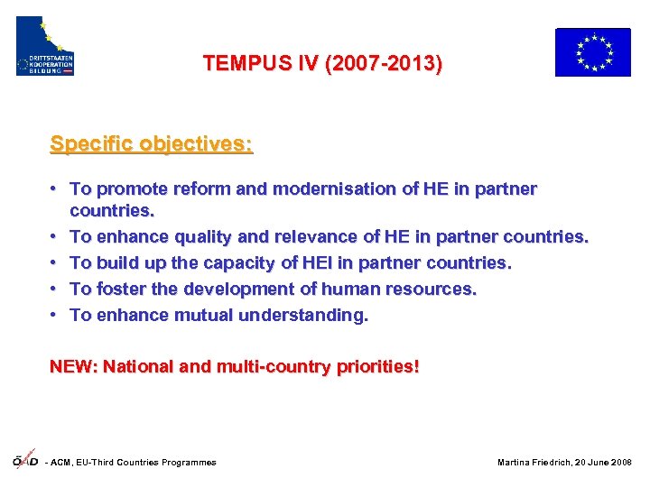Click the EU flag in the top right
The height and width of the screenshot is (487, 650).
(592, 51)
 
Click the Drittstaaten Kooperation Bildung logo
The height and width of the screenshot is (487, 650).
(45, 46)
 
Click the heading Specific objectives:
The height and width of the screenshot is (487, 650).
(152, 143)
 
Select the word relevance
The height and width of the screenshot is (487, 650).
(302, 237)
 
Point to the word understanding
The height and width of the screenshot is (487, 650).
(302, 316)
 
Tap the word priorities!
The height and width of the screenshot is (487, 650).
(380, 367)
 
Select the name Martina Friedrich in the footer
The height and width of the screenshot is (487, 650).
(534, 463)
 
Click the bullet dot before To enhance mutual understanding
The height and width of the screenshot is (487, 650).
(56, 316)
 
